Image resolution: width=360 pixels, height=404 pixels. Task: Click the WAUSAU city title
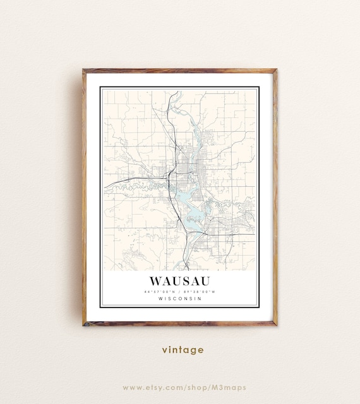180,280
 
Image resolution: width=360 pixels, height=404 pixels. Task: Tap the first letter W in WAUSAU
155,280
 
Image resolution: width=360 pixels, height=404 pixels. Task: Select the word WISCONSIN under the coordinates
180,299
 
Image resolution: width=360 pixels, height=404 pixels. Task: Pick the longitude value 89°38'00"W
200,292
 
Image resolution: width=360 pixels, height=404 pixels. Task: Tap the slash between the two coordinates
180,292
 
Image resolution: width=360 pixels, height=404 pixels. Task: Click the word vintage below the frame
183,349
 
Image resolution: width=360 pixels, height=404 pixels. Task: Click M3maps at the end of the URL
230,387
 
